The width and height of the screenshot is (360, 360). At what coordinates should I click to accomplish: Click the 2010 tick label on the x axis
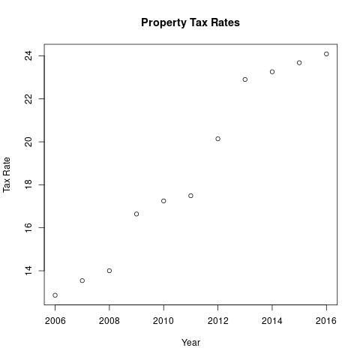(x=163, y=321)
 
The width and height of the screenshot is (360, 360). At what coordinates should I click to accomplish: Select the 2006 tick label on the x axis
(x=55, y=321)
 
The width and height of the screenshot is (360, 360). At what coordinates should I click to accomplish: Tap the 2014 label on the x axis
(x=272, y=321)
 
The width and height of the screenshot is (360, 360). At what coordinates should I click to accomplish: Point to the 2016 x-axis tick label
(x=326, y=321)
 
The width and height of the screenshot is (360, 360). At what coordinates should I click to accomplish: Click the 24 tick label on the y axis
(x=28, y=55)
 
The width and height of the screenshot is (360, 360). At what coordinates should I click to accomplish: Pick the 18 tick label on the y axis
(x=28, y=184)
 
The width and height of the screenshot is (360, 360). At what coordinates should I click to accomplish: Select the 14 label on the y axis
(x=28, y=271)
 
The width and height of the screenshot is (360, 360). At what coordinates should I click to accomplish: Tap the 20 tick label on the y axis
(x=28, y=142)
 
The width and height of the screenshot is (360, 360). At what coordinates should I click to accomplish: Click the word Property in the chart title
(x=163, y=23)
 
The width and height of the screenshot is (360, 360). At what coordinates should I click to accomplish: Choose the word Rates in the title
(x=225, y=22)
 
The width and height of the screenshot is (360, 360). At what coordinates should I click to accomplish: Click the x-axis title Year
(x=190, y=343)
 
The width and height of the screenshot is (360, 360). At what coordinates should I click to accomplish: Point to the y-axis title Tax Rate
(x=7, y=175)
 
